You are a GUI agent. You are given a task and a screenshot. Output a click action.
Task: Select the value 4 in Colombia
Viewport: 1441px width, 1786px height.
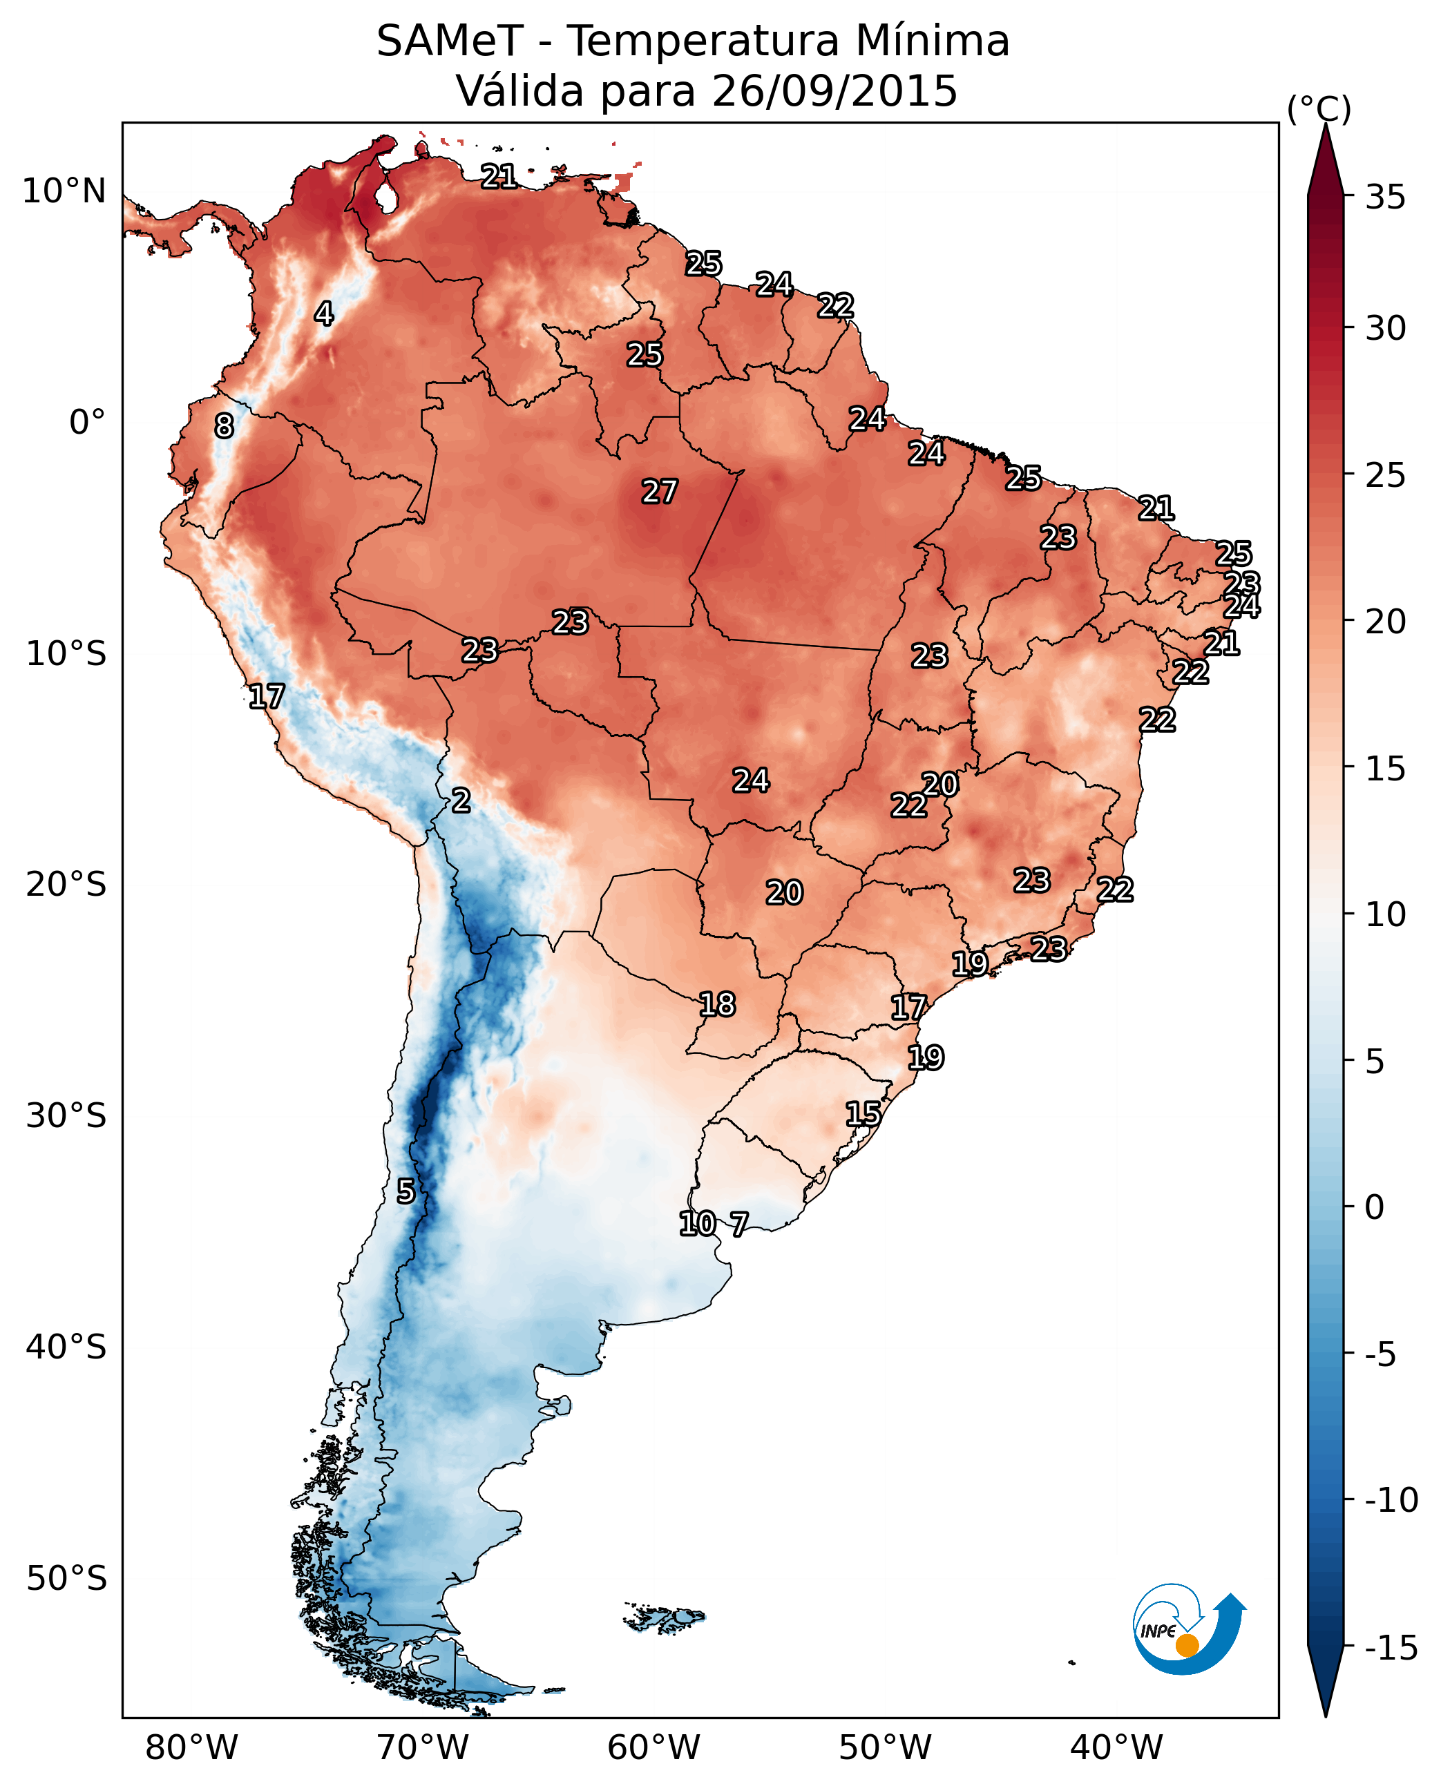324,314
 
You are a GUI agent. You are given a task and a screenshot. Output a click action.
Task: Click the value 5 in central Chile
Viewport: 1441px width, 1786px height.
405,1191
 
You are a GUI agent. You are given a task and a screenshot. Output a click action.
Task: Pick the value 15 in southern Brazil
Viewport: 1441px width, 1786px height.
863,1114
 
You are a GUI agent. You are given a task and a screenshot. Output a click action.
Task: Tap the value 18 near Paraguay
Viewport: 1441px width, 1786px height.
717,1004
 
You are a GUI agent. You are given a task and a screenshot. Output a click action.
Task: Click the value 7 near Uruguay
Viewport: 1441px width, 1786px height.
738,1223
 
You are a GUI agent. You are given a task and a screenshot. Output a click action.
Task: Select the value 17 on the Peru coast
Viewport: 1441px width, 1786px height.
267,695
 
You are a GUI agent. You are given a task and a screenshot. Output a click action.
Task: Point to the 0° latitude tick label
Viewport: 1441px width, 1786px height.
87,423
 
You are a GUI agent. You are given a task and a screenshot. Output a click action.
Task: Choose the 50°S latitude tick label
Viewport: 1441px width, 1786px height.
66,1577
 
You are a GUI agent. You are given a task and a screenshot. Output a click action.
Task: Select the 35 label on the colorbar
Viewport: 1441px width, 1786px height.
1385,198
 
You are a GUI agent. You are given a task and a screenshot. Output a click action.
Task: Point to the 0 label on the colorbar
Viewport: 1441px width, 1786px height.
1375,1207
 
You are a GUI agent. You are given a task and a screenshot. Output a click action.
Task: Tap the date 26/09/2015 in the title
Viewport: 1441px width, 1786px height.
834,90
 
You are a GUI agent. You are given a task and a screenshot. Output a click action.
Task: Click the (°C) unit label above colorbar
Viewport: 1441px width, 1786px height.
1319,108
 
